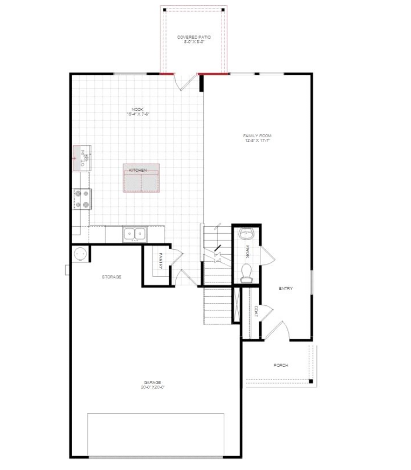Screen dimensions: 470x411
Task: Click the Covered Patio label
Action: click(194, 39)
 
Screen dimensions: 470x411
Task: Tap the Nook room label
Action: click(138, 112)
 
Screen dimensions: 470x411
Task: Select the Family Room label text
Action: click(258, 139)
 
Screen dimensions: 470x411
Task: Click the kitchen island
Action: click(142, 178)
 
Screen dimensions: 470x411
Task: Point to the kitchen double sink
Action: click(135, 233)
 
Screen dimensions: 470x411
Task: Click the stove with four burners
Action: click(82, 199)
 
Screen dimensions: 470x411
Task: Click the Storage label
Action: click(112, 277)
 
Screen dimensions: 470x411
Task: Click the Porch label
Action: click(281, 366)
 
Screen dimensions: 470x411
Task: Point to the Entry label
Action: click(286, 289)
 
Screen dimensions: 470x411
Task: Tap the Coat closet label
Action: click(256, 311)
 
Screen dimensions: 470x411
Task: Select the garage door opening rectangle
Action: click(155, 434)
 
